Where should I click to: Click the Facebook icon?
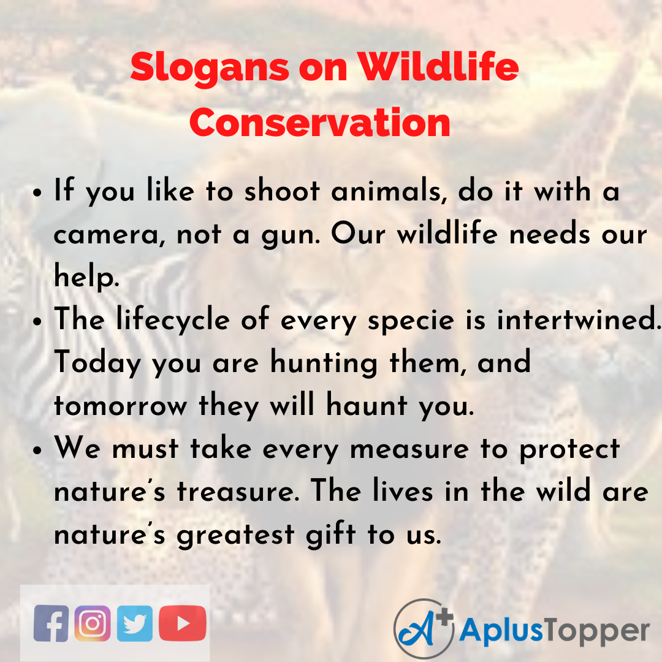pos(51,623)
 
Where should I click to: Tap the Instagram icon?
pos(93,623)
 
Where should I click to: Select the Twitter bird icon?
pos(135,623)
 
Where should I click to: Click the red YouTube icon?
pos(182,623)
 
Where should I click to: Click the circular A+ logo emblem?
pos(423,629)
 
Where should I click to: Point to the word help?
pos(85,277)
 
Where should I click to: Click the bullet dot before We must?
pos(38,450)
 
